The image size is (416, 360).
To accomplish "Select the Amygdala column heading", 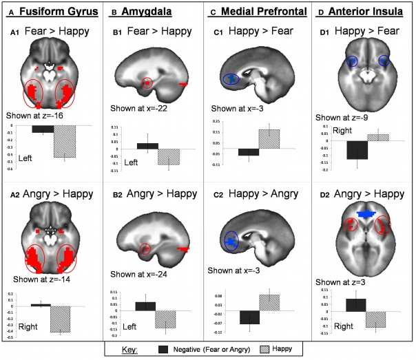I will [144, 10].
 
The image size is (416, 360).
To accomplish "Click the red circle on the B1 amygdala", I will [146, 83].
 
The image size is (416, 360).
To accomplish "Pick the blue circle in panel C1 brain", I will [233, 79].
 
